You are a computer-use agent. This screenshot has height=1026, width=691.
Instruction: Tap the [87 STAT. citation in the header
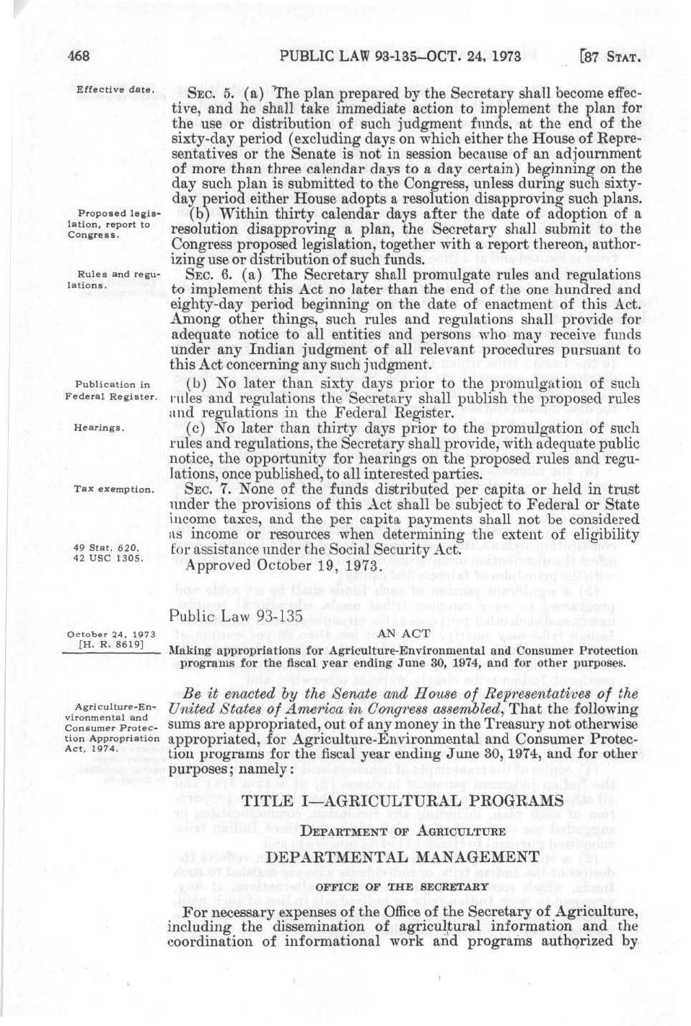[609, 57]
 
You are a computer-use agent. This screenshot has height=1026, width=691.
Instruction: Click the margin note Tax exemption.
[113, 490]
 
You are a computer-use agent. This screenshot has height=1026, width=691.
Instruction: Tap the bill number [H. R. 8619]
[111, 645]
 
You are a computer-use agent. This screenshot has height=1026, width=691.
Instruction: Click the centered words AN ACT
[404, 633]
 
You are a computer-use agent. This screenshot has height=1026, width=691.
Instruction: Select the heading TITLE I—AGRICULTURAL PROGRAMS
[402, 801]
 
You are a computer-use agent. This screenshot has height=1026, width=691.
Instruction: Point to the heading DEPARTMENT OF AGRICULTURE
[402, 831]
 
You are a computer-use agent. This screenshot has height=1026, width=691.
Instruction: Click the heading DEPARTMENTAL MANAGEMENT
[402, 857]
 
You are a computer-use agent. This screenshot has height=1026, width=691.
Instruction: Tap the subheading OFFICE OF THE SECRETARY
[402, 886]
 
